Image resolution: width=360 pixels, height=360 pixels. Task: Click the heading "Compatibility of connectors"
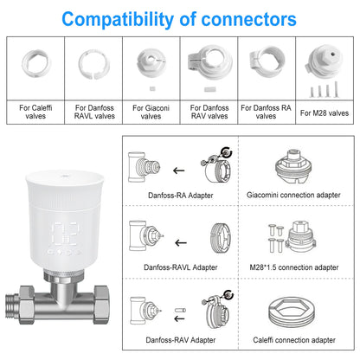pos(179,18)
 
